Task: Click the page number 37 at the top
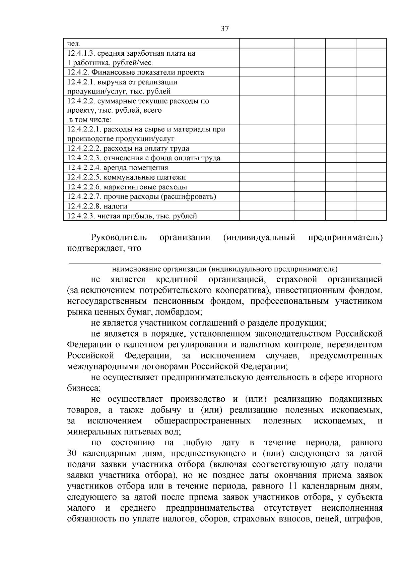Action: (225, 29)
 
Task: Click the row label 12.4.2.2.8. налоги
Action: (97, 206)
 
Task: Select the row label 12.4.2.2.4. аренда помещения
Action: (118, 168)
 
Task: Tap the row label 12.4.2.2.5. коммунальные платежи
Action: (126, 177)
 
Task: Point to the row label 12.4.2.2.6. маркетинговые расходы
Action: (127, 187)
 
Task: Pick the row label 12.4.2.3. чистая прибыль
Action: (132, 216)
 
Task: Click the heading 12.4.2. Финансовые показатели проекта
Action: (135, 72)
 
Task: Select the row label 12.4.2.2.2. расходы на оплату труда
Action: (128, 149)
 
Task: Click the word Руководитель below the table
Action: (119, 238)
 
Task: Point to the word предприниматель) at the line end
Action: (345, 238)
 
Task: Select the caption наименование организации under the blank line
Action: (224, 269)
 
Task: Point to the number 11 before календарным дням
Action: (289, 486)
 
